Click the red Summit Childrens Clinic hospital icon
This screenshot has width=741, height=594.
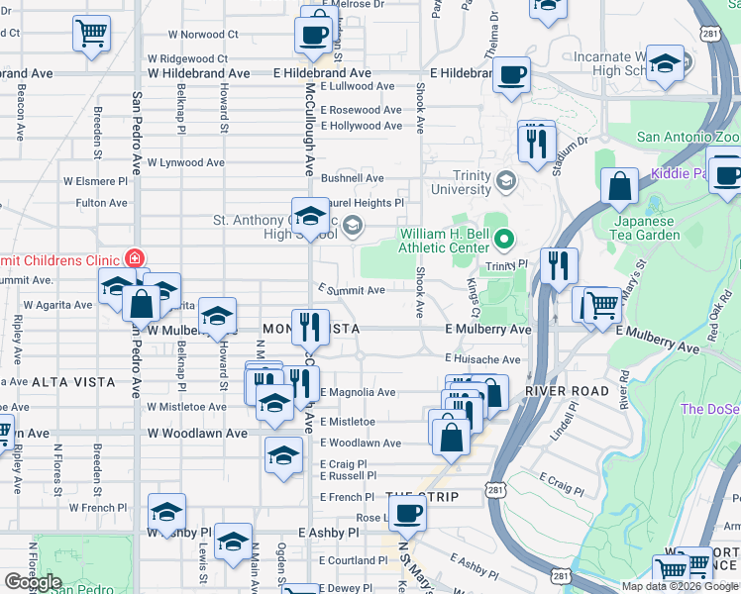click(134, 257)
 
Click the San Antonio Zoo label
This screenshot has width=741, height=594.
click(688, 138)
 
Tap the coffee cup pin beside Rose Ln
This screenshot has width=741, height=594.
click(406, 513)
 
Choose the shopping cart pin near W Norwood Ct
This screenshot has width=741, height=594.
click(91, 33)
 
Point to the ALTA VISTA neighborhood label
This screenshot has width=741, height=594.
click(73, 381)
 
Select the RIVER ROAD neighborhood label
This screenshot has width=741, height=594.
click(567, 391)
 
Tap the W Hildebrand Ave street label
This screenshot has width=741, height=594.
click(199, 73)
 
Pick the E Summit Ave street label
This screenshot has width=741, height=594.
click(351, 290)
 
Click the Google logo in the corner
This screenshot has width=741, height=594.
click(33, 582)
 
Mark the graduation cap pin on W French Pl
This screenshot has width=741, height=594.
click(167, 511)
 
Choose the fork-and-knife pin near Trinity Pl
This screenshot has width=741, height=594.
click(559, 264)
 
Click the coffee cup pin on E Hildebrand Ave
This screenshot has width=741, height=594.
click(511, 74)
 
